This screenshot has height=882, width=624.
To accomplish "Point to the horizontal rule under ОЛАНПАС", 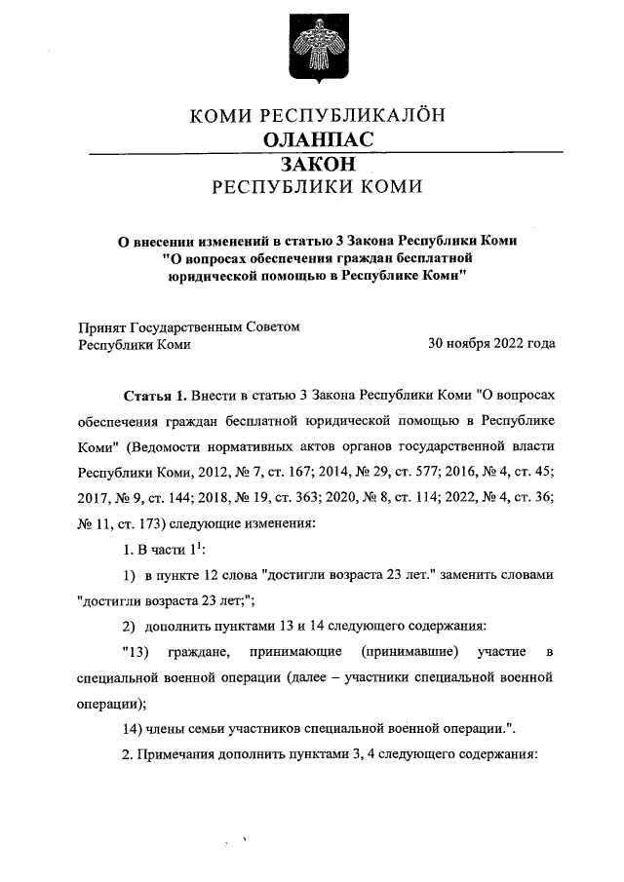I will click(326, 153).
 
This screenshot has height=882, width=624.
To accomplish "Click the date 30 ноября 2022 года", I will click(492, 343).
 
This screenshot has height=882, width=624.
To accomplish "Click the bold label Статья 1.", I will click(154, 398).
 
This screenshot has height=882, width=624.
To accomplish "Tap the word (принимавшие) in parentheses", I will click(408, 653).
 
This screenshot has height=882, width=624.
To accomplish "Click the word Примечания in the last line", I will click(176, 753).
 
